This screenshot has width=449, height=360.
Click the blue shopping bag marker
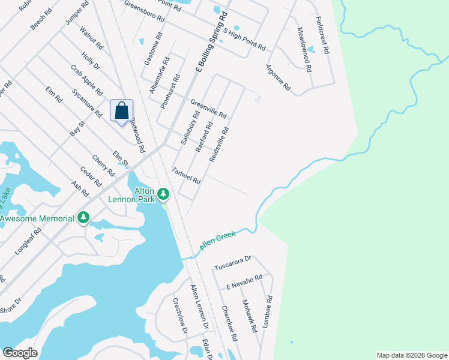[121, 111]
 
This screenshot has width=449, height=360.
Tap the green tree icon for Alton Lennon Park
[163, 194]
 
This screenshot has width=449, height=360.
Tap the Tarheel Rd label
[186, 176]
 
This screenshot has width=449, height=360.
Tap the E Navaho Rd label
[244, 281]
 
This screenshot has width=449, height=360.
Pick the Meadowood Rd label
[304, 50]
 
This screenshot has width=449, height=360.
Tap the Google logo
[20, 353]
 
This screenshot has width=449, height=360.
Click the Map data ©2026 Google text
[411, 355]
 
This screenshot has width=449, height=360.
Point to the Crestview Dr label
[180, 316]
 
